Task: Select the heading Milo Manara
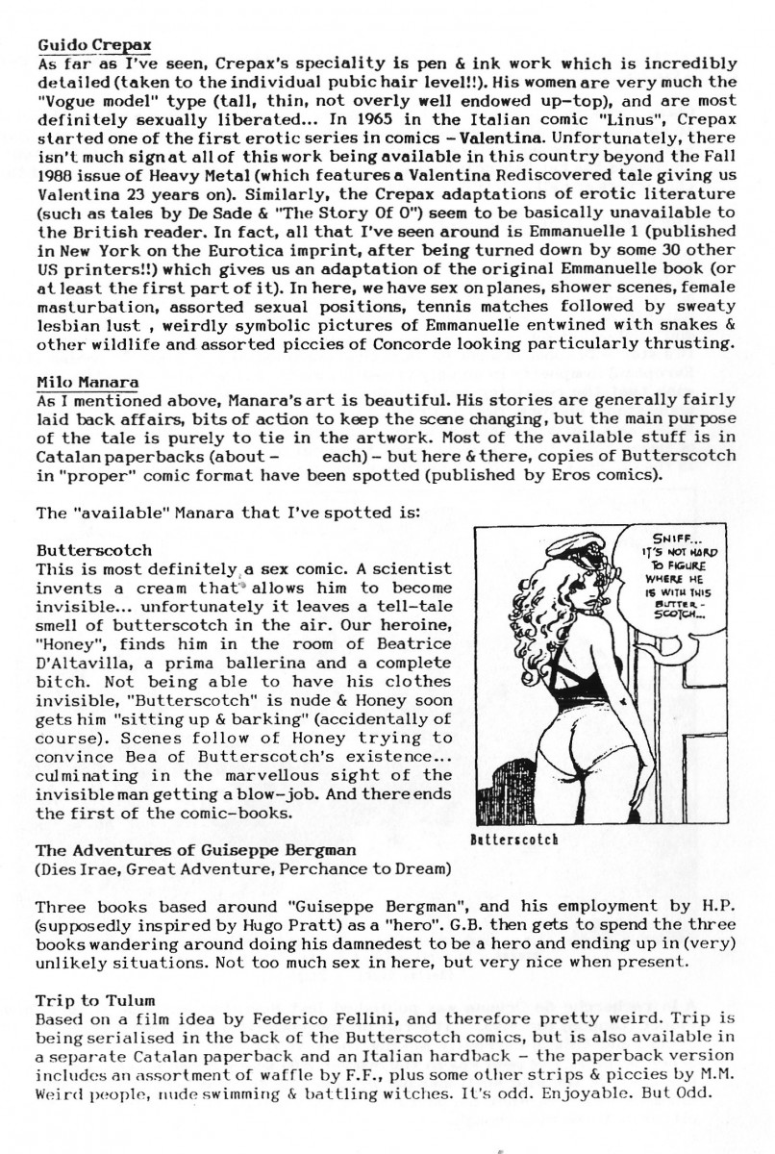[x=88, y=383]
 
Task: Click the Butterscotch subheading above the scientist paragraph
[x=93, y=551]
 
